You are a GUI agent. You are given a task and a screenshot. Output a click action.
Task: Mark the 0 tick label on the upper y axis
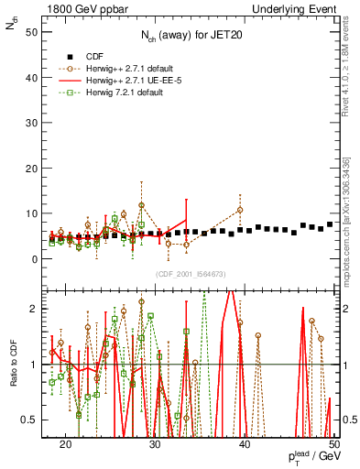[x=33, y=259]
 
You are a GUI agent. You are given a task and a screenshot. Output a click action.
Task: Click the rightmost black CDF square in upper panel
[x=330, y=224]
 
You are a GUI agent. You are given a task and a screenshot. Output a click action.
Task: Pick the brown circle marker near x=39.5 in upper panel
[x=240, y=210]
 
